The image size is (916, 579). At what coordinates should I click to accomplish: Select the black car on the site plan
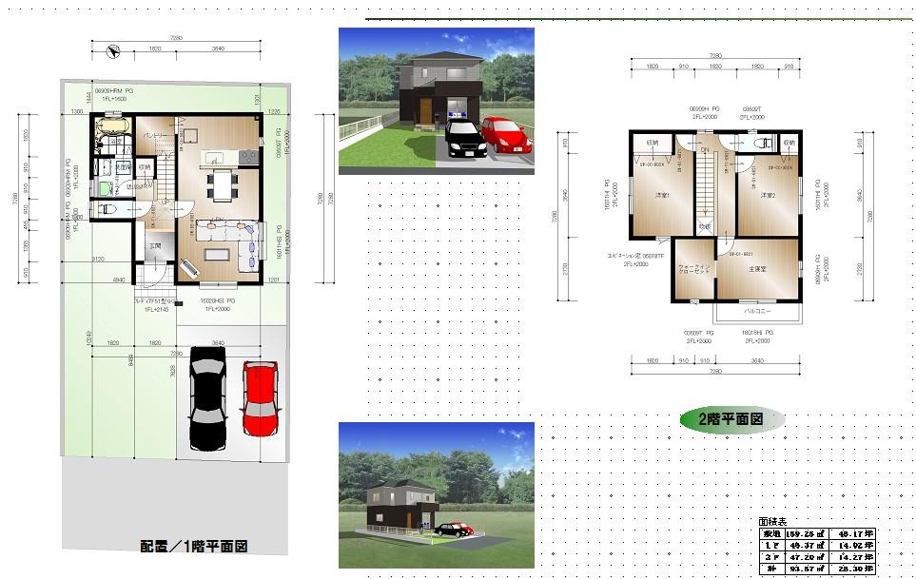click(208, 397)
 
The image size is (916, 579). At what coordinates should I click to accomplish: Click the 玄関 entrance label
click(154, 247)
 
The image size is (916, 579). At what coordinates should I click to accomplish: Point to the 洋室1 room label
click(662, 197)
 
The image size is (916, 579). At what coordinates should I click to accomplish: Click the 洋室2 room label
click(769, 197)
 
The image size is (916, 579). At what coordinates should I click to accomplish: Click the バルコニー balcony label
click(757, 311)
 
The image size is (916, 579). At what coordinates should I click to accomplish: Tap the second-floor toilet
click(760, 144)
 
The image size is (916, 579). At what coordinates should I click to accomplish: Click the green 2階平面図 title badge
click(733, 417)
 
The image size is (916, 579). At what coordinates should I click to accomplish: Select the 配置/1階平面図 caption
click(194, 547)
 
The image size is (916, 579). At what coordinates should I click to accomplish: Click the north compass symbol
click(113, 51)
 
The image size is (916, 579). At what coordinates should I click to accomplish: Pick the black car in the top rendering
click(461, 138)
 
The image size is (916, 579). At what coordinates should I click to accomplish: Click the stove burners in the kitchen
click(248, 155)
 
